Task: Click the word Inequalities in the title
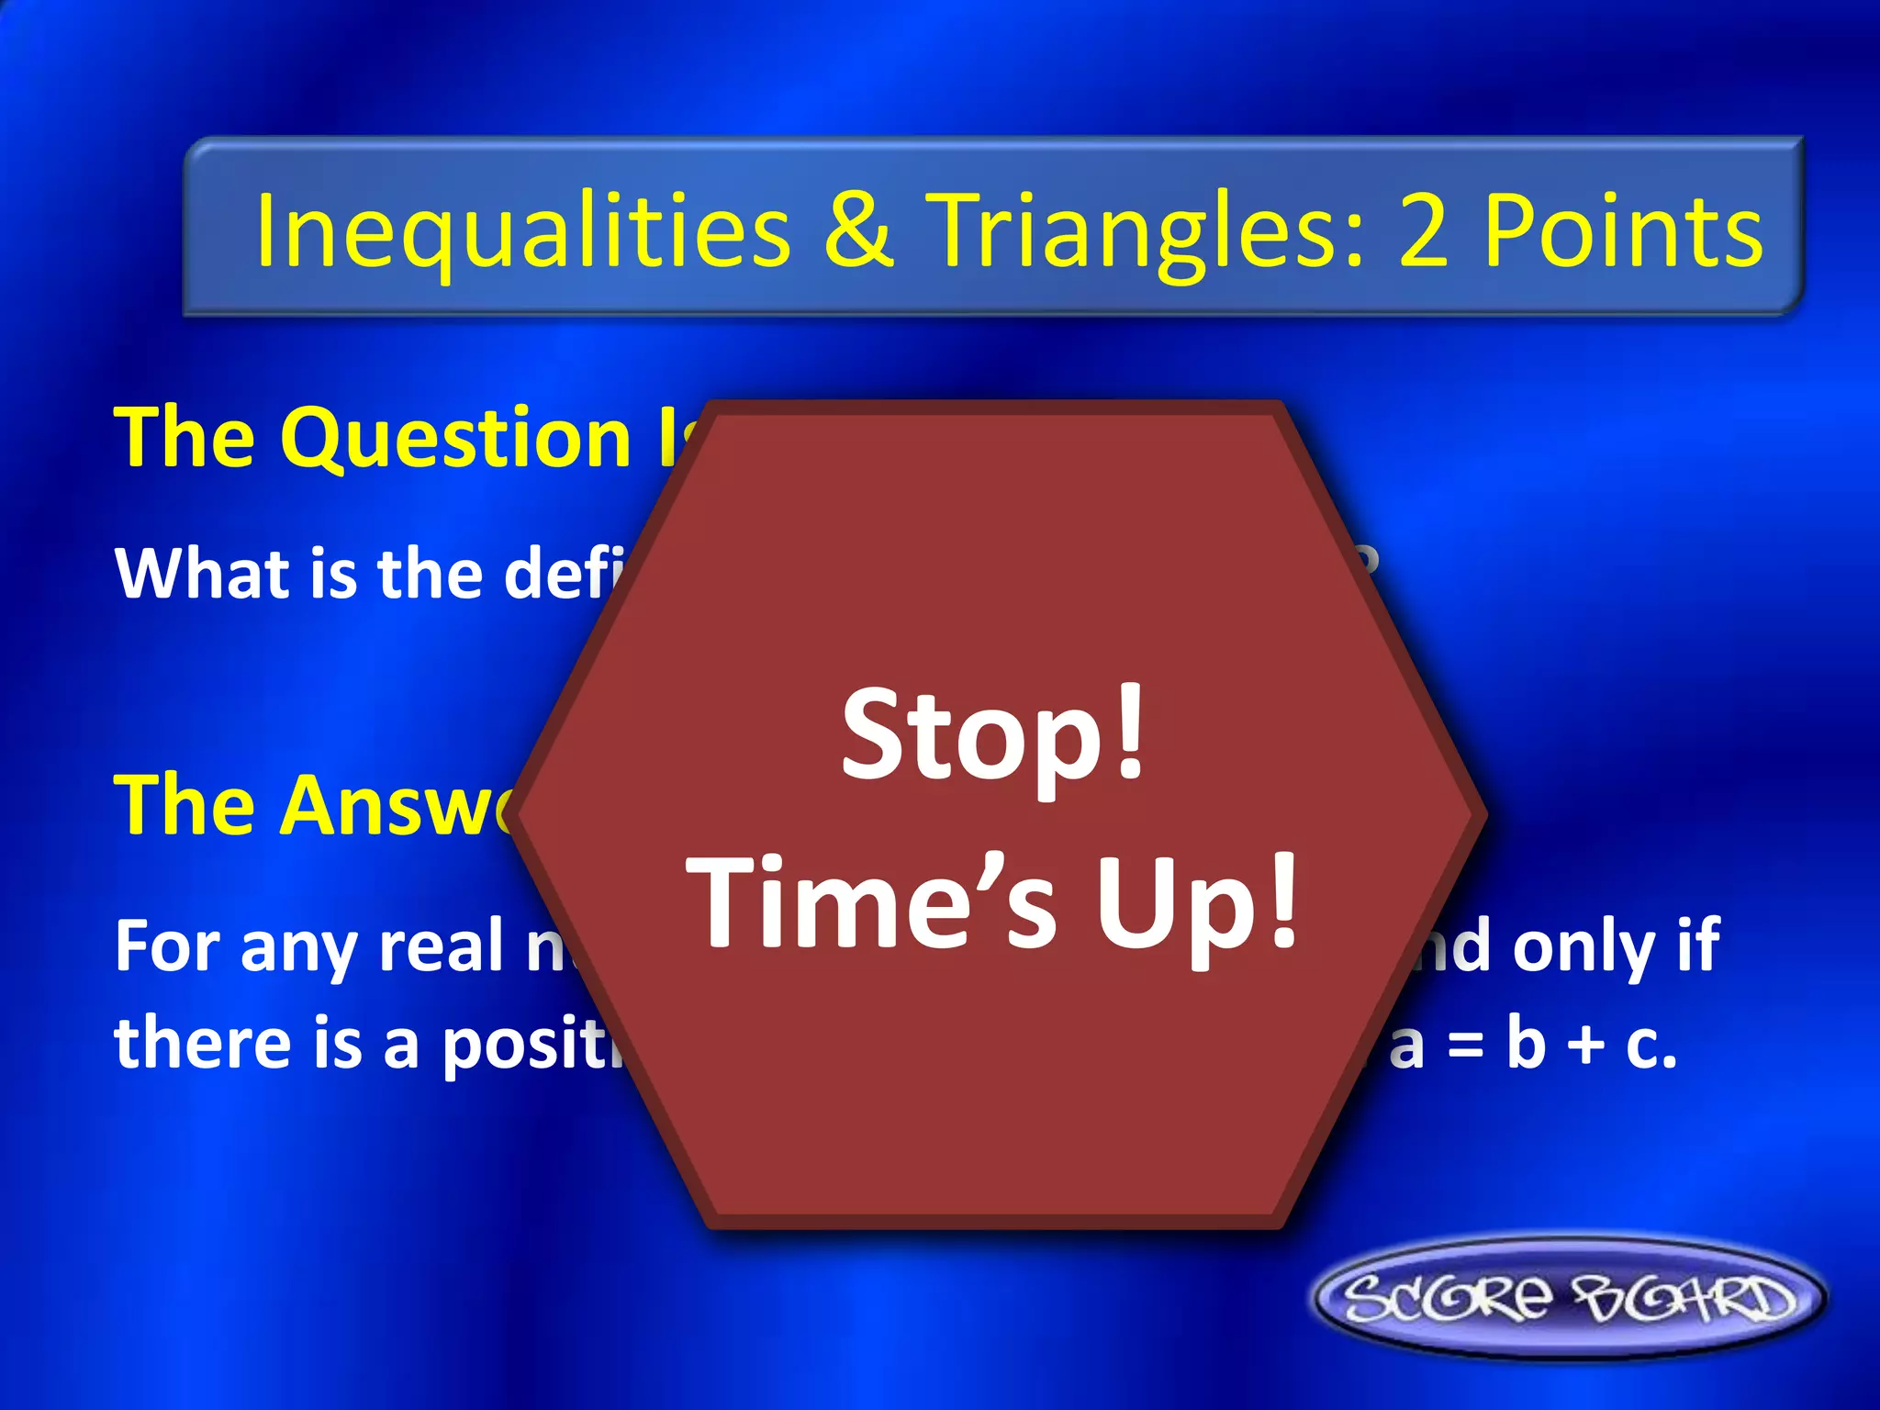coord(522,231)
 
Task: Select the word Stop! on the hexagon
coord(993,734)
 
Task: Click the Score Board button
coord(1569,1298)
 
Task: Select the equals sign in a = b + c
coord(1466,1046)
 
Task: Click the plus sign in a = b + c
coord(1585,1046)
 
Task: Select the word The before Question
coord(184,438)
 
